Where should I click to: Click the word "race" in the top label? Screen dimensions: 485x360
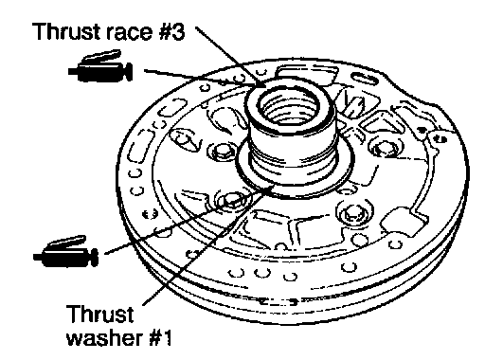click(x=130, y=32)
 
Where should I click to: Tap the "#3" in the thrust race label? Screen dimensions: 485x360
click(x=171, y=31)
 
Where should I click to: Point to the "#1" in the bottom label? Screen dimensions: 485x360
click(x=160, y=337)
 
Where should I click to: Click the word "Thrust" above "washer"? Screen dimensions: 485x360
click(x=99, y=314)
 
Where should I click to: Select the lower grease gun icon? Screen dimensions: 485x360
click(x=65, y=252)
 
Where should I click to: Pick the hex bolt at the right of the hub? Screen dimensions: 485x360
click(x=384, y=147)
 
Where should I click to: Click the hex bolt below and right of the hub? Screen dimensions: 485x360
click(x=353, y=212)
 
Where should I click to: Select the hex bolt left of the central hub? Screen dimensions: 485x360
click(x=221, y=151)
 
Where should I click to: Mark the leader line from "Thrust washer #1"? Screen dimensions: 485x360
click(x=207, y=245)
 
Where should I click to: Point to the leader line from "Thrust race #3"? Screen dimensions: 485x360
click(x=230, y=57)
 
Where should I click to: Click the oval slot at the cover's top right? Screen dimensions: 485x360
click(x=365, y=79)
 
